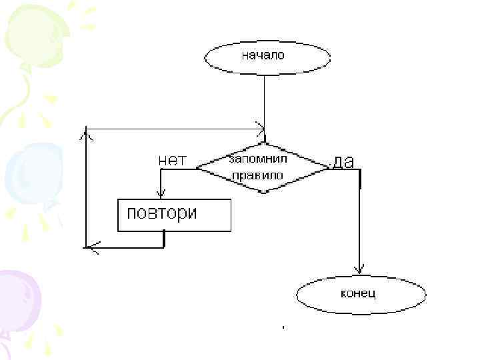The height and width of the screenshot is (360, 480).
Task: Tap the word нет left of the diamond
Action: (x=172, y=160)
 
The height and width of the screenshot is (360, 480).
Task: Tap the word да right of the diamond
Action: (x=344, y=161)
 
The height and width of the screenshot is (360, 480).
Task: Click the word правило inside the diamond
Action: (x=257, y=175)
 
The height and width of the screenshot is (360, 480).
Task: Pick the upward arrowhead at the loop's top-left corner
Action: (x=86, y=135)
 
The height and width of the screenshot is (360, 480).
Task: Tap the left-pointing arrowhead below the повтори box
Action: (x=93, y=248)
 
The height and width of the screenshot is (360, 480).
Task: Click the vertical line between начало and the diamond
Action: (x=264, y=100)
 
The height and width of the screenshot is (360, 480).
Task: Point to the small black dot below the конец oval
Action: (x=283, y=327)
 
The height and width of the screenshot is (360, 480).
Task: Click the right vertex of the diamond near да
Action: (x=328, y=169)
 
